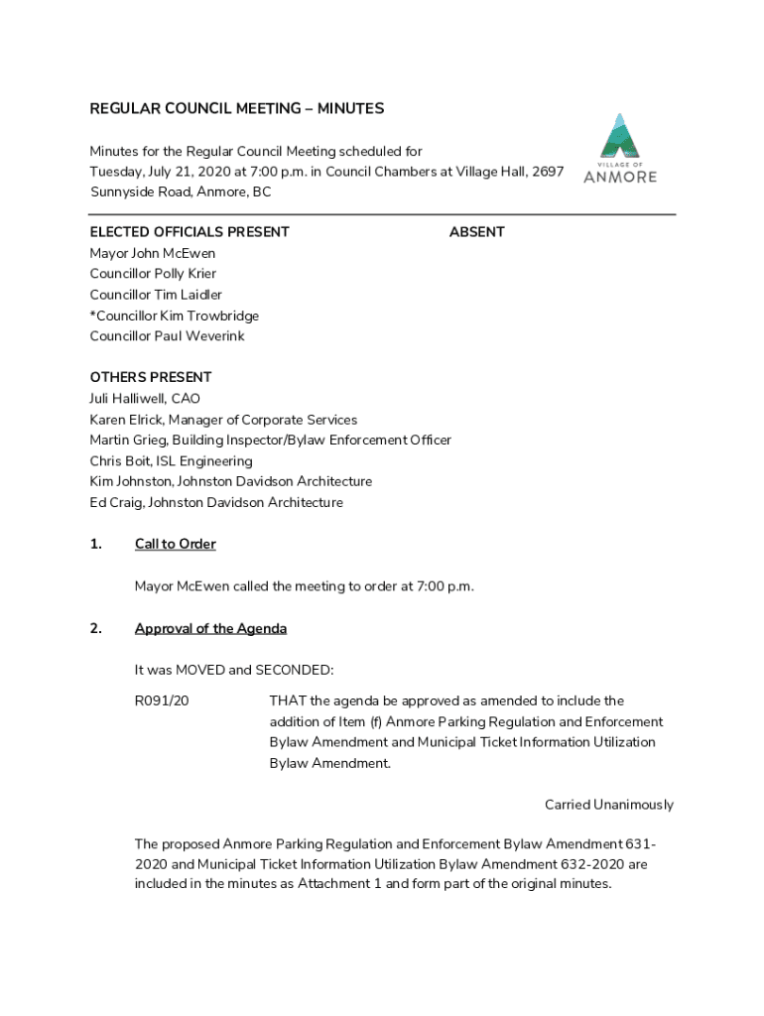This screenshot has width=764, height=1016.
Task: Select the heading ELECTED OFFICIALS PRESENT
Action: (190, 232)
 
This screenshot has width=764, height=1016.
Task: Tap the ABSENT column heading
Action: (476, 232)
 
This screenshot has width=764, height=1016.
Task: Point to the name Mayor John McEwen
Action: (153, 253)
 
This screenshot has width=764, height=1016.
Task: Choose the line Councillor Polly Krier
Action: (153, 274)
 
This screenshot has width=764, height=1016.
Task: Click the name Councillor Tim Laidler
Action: (156, 295)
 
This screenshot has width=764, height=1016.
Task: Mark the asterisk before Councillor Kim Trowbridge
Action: (93, 315)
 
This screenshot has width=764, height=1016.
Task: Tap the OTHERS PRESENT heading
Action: (151, 378)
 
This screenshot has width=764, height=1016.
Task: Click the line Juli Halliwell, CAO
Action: (145, 399)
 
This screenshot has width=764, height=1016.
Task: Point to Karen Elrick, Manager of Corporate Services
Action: (223, 420)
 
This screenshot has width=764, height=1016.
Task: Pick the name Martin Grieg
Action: (128, 441)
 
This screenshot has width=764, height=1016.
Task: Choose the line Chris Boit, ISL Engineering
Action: (171, 461)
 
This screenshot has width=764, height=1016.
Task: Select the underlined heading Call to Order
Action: (175, 545)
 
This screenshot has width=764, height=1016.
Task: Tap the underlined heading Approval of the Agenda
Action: (210, 629)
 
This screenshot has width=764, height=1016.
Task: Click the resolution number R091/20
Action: (162, 701)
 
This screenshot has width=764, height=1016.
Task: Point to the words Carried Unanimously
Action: (608, 805)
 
